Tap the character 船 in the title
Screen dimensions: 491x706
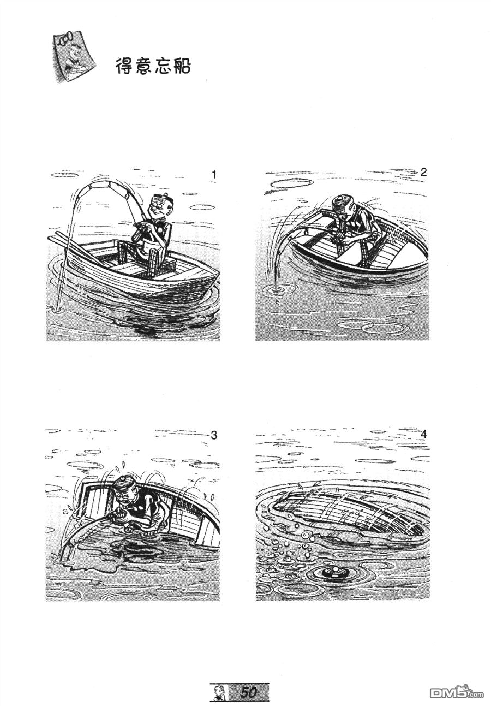(182, 67)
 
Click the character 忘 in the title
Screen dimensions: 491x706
(163, 67)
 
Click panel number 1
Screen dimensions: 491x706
(214, 175)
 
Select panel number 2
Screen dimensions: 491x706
(423, 172)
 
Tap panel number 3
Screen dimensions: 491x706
(214, 435)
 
